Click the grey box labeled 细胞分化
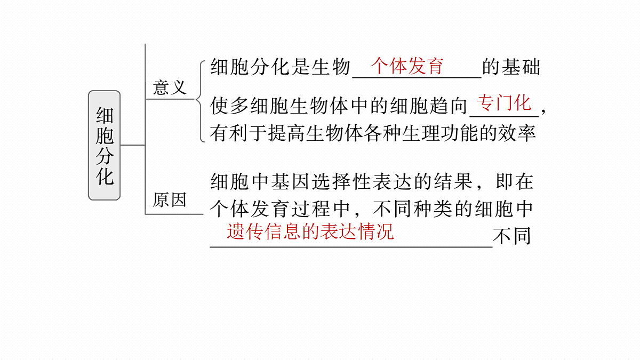pos(105,145)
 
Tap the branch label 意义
pos(170,87)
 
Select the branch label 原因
pos(170,199)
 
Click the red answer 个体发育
pos(406,66)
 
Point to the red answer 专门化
pos(504,102)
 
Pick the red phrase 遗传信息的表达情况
pos(310,231)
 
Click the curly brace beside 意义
pos(201,101)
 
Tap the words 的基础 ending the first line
pos(511,67)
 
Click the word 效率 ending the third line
pos(517,133)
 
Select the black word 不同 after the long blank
pos(512,236)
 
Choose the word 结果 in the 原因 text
pos(453,182)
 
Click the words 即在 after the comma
pos(515,182)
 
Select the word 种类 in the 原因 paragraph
pos(433,209)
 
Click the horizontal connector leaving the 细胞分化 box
pos(133,145)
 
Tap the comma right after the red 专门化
pos(543,111)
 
